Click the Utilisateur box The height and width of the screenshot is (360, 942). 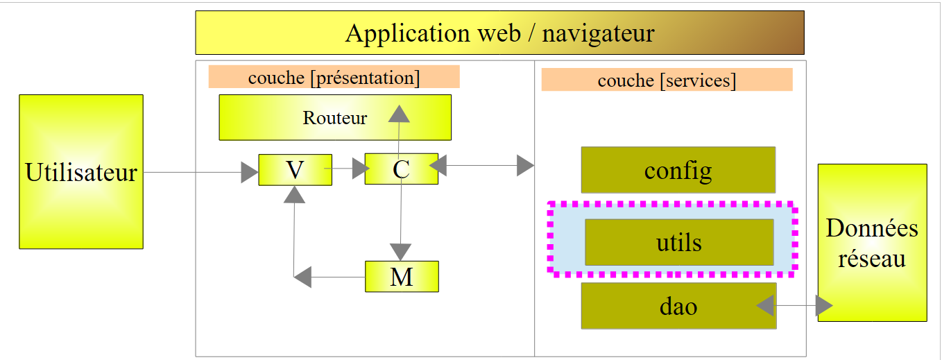coord(81,171)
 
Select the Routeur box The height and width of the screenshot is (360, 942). coord(335,117)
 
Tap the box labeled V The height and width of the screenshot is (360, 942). coord(295,170)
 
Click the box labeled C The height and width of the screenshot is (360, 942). coord(401,169)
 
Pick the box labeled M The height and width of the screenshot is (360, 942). coord(402,277)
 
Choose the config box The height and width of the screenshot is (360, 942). coord(678,170)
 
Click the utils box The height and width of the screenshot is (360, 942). coord(678,242)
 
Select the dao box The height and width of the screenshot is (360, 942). coord(678,306)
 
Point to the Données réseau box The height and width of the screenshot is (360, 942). coord(872,243)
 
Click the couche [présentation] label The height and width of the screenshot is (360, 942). coord(334,77)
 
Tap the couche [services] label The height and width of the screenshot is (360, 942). coord(667,80)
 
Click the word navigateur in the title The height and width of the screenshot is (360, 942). coord(598,33)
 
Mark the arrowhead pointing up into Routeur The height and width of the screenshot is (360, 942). coord(399,114)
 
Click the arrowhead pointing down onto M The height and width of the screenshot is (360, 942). coord(401,252)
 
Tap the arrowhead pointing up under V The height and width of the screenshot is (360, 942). coord(295,194)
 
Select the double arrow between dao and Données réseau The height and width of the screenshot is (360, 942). coord(795,305)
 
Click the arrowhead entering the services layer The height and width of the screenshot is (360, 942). coord(525,166)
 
